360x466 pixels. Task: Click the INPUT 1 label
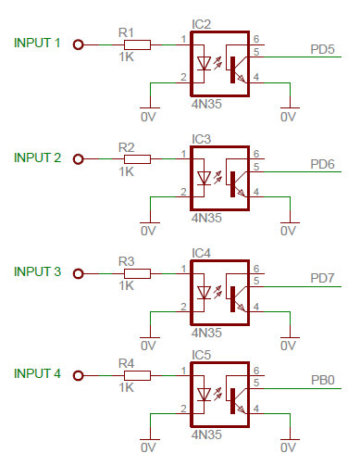(38, 43)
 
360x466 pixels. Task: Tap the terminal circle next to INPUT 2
(79, 158)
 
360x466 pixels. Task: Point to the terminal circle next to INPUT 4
(79, 375)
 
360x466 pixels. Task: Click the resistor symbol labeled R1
(137, 44)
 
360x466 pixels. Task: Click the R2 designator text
(127, 146)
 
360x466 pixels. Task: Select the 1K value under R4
(127, 388)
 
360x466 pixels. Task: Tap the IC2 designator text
(202, 24)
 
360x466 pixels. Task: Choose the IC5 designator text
(202, 354)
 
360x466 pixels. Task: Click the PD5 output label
(323, 48)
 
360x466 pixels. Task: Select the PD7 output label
(323, 277)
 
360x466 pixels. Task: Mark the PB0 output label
(323, 380)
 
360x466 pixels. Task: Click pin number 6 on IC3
(255, 154)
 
